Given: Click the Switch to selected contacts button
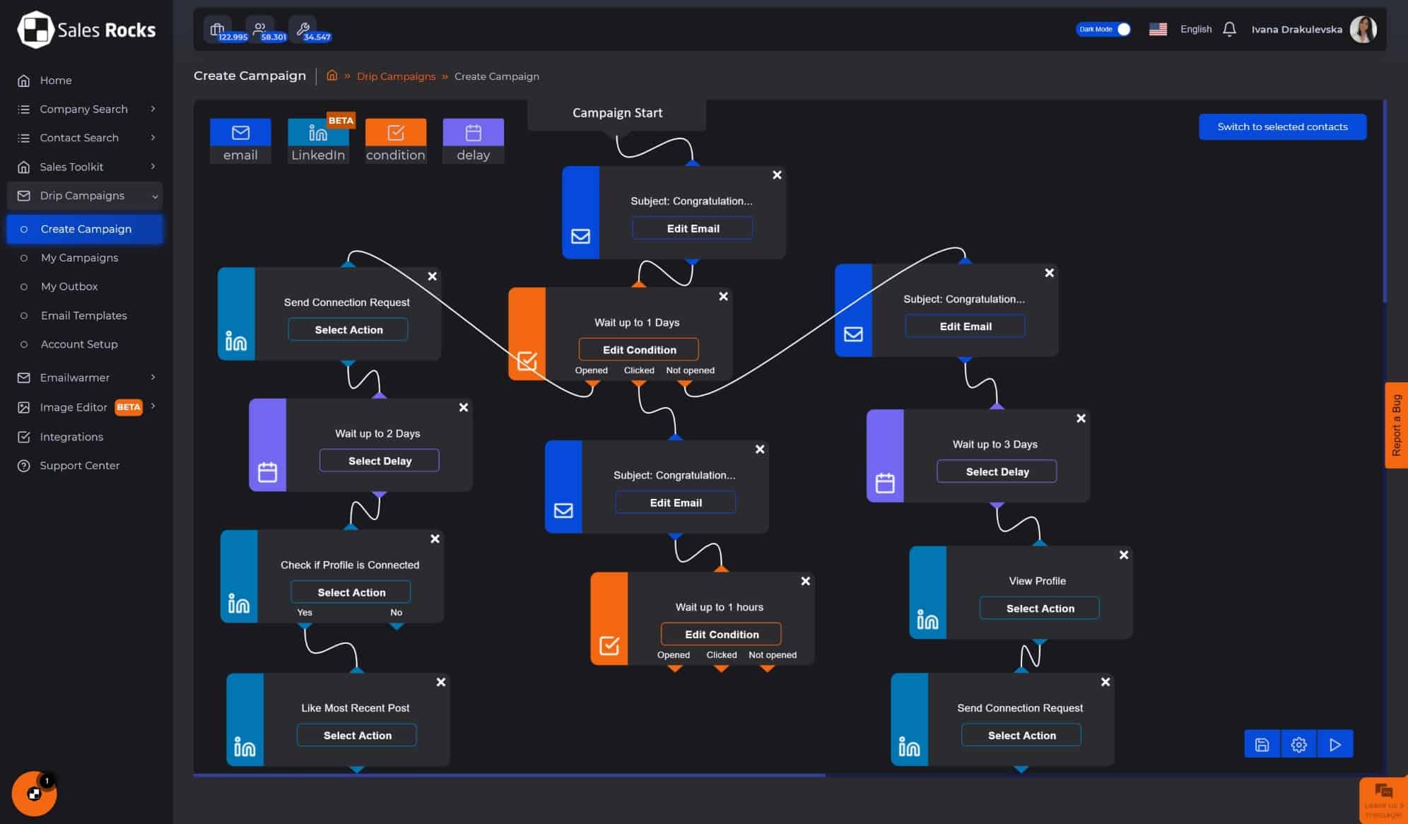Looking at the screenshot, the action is click(x=1282, y=126).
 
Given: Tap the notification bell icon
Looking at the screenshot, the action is click(x=1229, y=29).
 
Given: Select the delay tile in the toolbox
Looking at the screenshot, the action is click(x=473, y=141).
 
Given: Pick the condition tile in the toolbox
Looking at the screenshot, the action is click(x=396, y=141).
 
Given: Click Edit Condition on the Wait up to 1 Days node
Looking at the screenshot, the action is click(x=639, y=349).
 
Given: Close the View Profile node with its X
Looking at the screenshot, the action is click(x=1124, y=555).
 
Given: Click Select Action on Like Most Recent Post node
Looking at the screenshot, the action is click(x=357, y=735).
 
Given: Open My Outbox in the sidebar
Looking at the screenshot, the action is click(x=69, y=286).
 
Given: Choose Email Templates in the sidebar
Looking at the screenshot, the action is click(x=84, y=315).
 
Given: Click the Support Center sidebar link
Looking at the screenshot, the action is click(x=79, y=465).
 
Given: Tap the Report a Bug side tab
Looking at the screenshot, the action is click(x=1396, y=425).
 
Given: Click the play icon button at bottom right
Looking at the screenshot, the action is click(x=1334, y=744).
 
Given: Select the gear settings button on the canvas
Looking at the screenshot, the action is click(x=1298, y=744).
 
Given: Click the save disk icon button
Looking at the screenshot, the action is click(x=1262, y=744).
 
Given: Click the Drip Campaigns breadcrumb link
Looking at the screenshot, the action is click(x=396, y=76).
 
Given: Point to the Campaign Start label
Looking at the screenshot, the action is click(x=617, y=112).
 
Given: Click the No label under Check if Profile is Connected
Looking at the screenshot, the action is click(x=396, y=612).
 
